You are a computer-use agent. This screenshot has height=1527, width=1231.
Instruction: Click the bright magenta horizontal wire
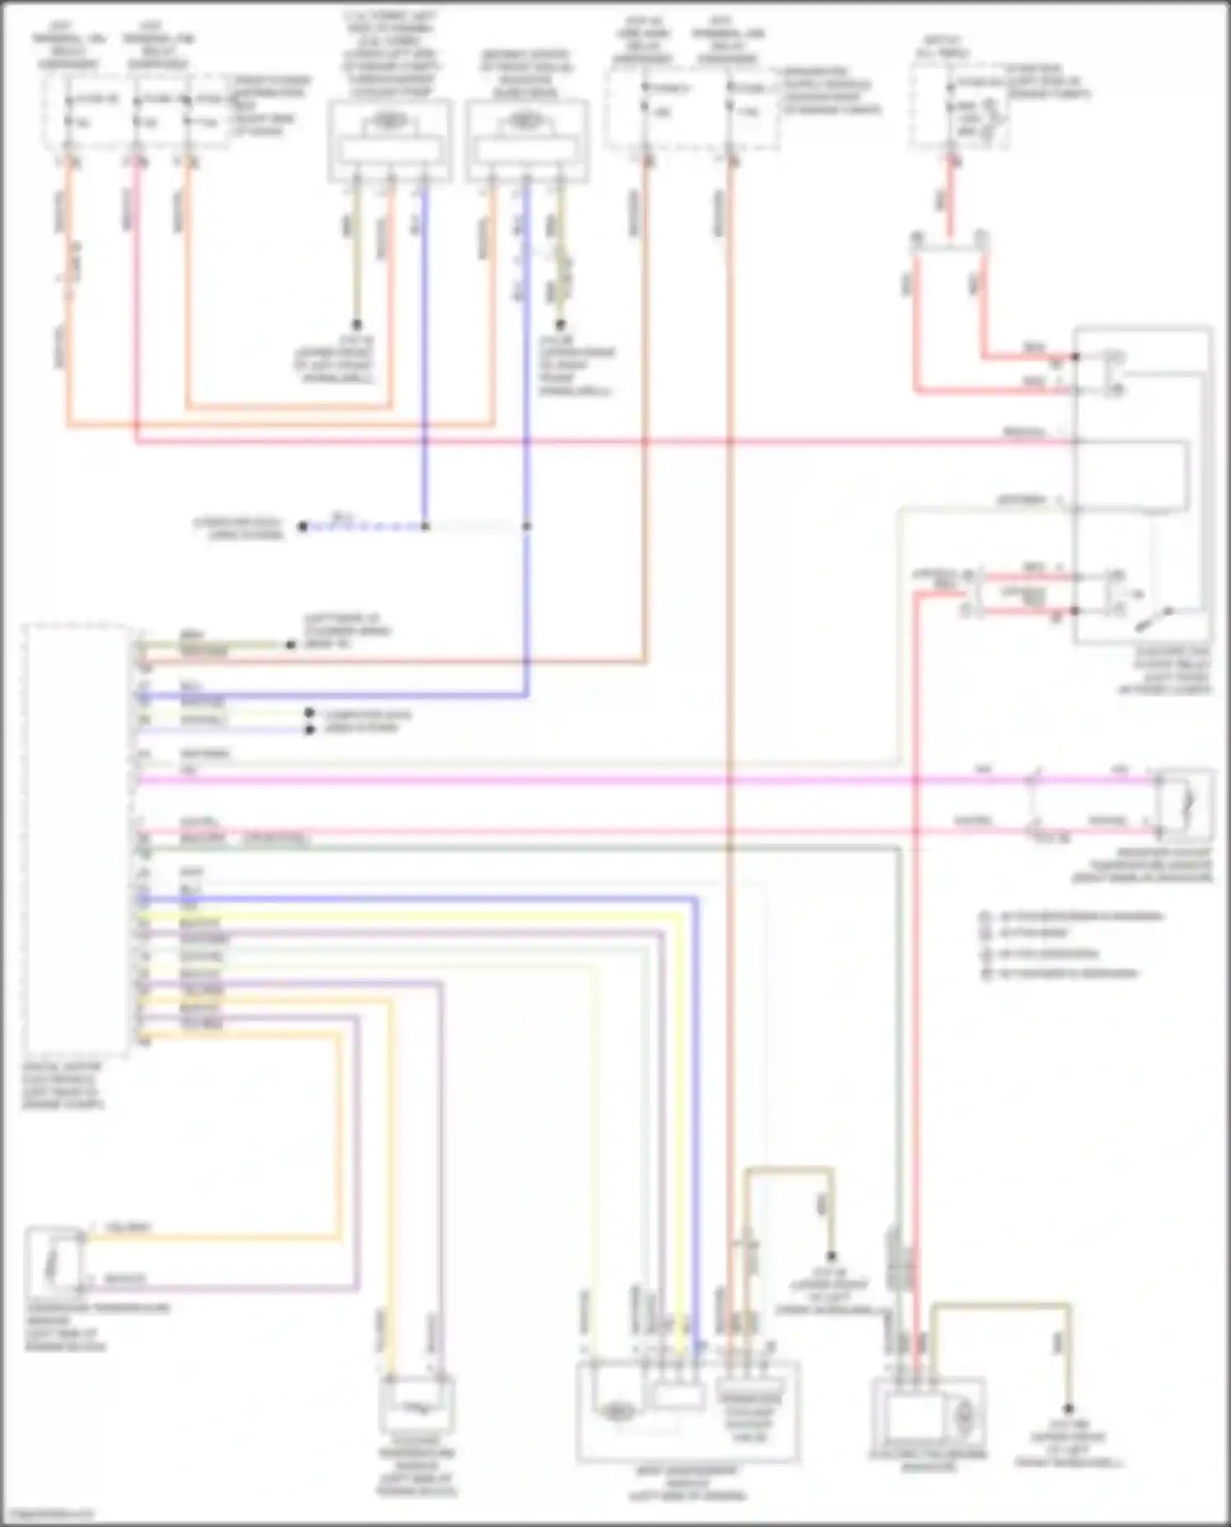(574, 779)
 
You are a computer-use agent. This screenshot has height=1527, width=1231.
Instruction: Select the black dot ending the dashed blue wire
(303, 526)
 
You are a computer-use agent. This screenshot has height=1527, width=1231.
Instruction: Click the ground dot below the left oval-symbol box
(357, 324)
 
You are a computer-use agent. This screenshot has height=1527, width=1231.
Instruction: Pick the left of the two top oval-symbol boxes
(390, 139)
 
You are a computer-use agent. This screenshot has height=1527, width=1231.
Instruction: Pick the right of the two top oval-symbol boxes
(526, 139)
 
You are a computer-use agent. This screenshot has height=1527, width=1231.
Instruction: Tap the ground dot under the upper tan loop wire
(831, 1255)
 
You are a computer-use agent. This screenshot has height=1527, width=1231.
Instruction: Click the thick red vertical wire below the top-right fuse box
(949, 197)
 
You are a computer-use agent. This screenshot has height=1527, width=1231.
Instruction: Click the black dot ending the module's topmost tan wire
(290, 645)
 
